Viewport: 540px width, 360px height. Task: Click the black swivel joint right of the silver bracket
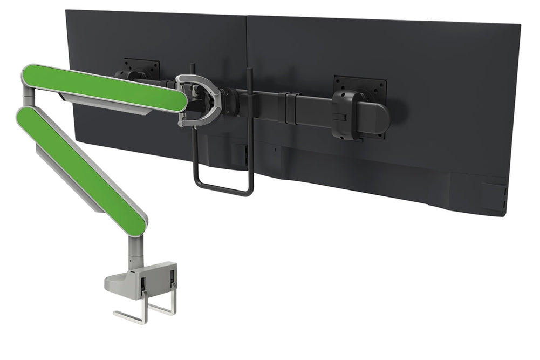[x=229, y=99]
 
